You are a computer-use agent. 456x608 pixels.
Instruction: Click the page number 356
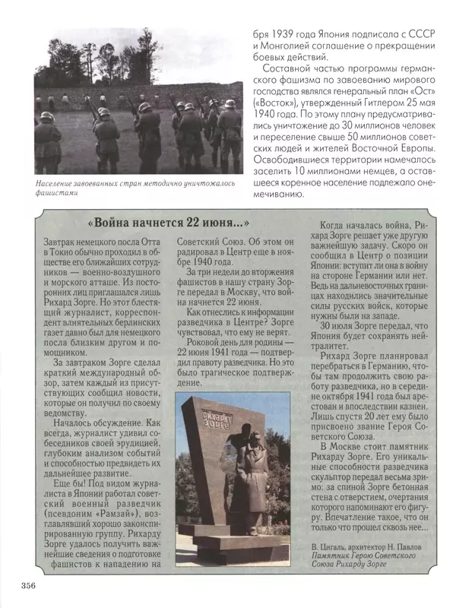tap(26, 584)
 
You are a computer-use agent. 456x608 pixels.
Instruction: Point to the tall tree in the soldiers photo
tap(143, 61)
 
